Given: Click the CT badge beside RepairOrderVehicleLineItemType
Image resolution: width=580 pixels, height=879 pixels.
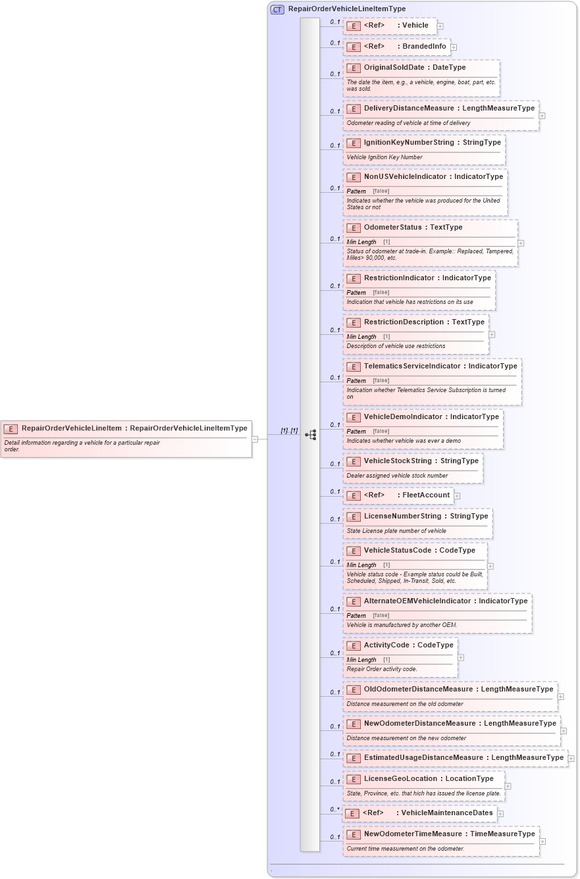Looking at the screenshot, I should (277, 9).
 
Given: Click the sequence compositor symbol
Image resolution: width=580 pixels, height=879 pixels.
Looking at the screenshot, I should (311, 435).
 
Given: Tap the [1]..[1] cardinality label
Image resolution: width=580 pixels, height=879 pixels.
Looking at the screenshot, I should (289, 431).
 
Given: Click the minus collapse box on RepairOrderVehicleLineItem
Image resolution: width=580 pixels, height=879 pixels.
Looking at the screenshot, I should (255, 439).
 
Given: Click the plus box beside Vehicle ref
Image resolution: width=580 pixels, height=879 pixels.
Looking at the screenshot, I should (440, 26).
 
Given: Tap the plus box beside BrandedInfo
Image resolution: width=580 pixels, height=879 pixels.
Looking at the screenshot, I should (454, 47).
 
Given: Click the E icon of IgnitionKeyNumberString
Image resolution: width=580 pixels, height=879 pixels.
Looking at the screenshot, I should (354, 143).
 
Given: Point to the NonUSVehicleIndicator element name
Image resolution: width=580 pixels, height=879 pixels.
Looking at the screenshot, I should (405, 177).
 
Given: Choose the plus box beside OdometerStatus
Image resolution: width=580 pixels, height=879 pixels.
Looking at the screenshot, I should (521, 243).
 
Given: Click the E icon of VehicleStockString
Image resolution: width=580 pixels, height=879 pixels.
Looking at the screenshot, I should (354, 461).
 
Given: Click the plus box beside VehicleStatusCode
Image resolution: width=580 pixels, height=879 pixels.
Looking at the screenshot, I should (490, 566).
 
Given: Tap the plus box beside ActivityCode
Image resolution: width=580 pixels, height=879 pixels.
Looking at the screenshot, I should (461, 657).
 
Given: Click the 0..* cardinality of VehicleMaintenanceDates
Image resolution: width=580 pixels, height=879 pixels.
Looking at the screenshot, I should (335, 810).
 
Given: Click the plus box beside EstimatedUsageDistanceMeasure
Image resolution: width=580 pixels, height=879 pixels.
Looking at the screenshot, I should (571, 759).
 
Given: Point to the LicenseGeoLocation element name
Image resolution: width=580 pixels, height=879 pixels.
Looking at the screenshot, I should (400, 779).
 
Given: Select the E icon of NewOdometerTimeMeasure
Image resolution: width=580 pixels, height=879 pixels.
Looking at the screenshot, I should (354, 835).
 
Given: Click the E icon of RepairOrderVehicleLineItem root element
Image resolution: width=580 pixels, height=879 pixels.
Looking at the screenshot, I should (11, 429).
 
